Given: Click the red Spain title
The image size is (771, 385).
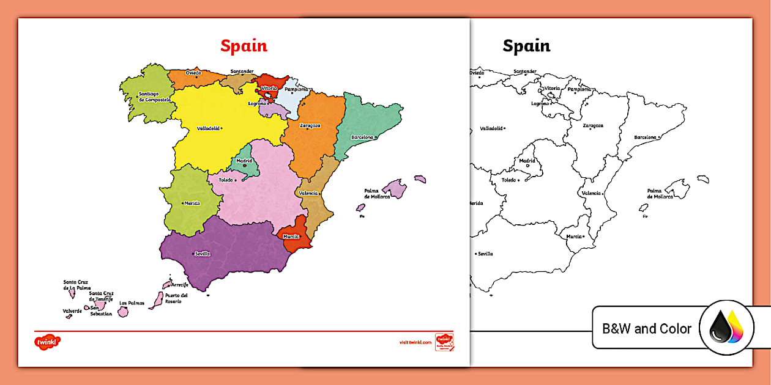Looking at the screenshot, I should click(x=244, y=46).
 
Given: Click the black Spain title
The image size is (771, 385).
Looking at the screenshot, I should click(x=526, y=46).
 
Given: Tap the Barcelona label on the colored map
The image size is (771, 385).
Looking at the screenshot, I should click(x=361, y=137).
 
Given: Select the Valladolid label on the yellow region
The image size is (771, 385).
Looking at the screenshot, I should click(x=208, y=128).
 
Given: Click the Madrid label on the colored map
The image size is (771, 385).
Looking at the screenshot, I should click(x=244, y=161).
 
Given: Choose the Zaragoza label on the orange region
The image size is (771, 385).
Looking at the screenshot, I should click(x=310, y=125).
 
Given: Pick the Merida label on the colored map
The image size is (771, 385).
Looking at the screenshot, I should click(x=192, y=204).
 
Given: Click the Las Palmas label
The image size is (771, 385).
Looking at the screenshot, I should click(x=132, y=302).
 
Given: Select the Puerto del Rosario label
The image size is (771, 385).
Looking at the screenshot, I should click(x=176, y=298).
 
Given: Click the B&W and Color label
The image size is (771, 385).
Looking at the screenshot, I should click(x=647, y=329).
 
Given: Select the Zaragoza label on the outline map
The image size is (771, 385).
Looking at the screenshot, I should click(x=592, y=125).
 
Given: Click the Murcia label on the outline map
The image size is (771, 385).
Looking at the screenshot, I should click(x=573, y=236).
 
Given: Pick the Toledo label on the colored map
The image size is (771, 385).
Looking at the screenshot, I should click(x=226, y=180).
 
